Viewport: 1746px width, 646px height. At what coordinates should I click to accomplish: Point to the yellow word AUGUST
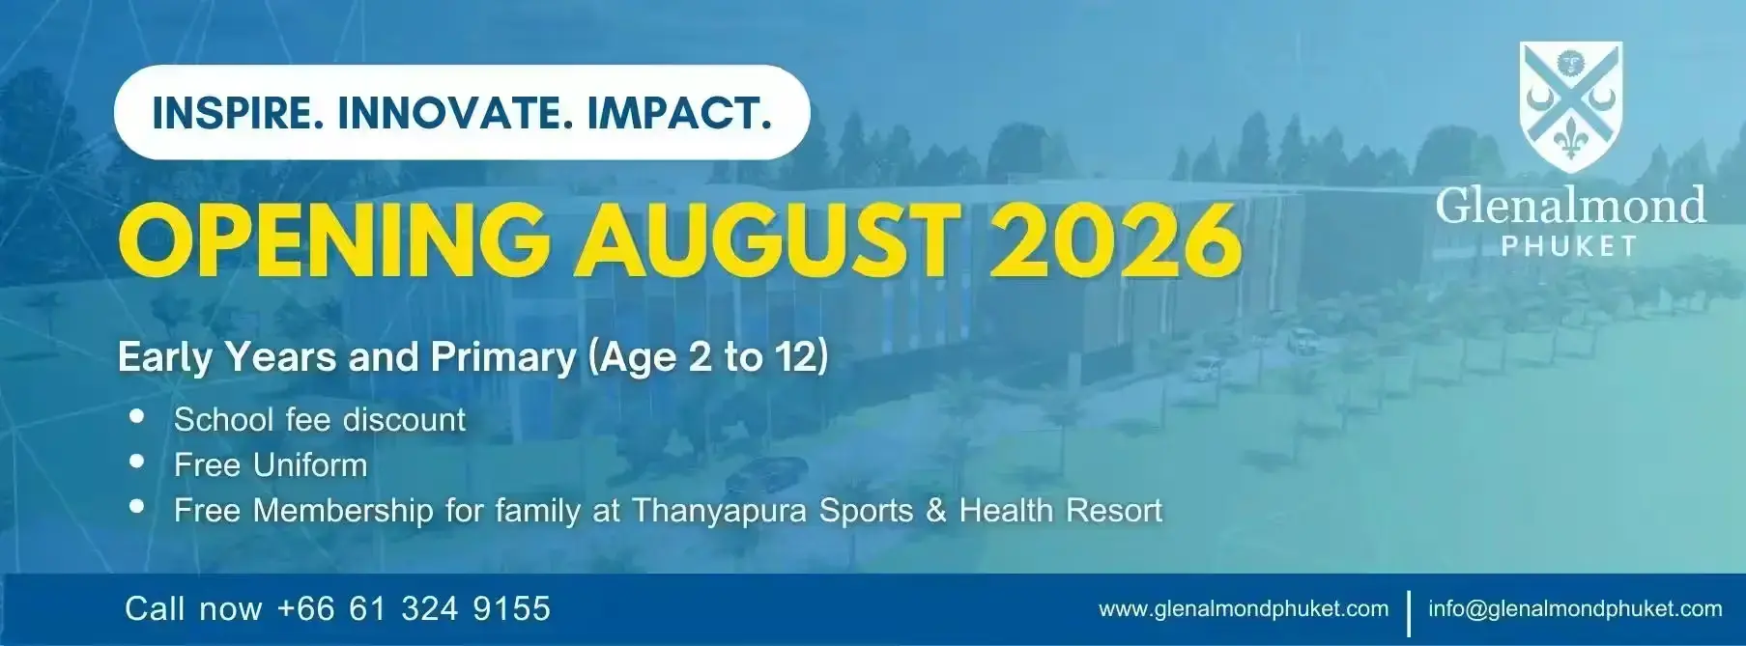pyautogui.click(x=769, y=239)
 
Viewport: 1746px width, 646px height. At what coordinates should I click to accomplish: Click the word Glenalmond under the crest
pyautogui.click(x=1570, y=206)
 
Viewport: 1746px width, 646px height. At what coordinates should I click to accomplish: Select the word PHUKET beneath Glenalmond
pyautogui.click(x=1569, y=247)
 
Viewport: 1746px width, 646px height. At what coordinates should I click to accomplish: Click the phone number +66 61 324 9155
pyautogui.click(x=414, y=608)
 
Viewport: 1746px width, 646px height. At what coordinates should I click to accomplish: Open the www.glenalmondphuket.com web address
pyautogui.click(x=1244, y=609)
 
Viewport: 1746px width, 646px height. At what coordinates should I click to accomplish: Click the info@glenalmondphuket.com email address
pyautogui.click(x=1575, y=609)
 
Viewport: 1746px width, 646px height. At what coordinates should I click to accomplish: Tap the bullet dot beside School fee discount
pyautogui.click(x=137, y=416)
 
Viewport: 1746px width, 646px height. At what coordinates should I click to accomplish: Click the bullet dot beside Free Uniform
pyautogui.click(x=137, y=462)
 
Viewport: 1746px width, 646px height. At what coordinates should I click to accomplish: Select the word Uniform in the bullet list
pyautogui.click(x=310, y=465)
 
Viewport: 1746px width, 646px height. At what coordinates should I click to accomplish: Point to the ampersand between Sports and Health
pyautogui.click(x=935, y=511)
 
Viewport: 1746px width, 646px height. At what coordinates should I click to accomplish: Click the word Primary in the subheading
pyautogui.click(x=503, y=357)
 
